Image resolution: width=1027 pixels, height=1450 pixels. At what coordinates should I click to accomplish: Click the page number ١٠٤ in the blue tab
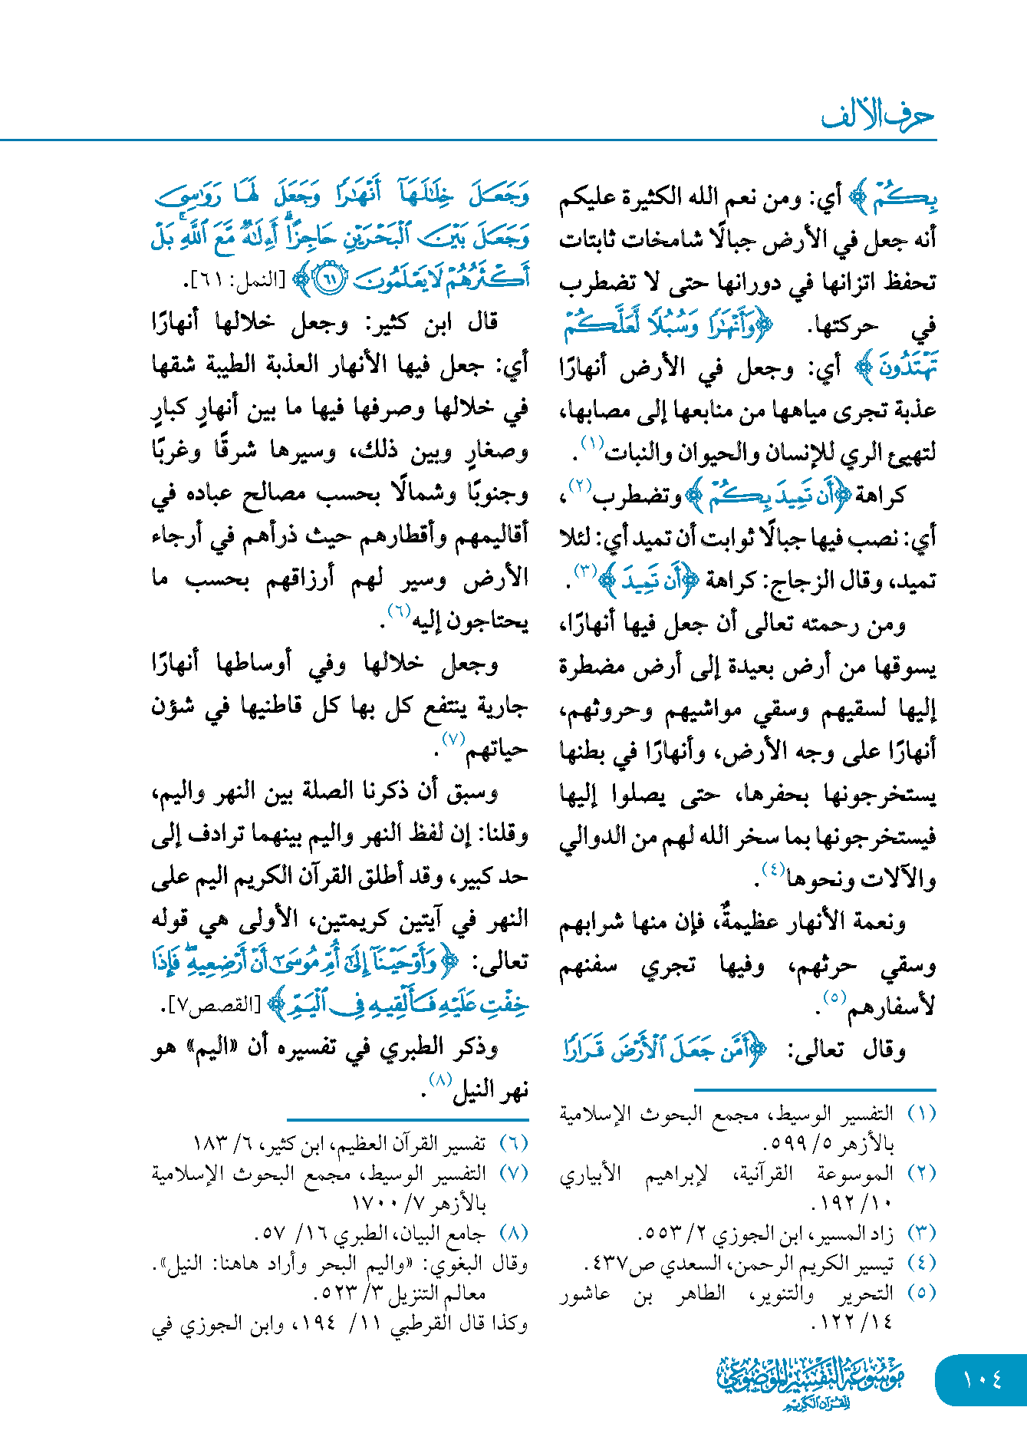[983, 1379]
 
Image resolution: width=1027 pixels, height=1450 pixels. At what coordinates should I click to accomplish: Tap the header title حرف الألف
[877, 117]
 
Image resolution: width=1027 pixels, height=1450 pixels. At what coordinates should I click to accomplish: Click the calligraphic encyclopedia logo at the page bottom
[811, 1382]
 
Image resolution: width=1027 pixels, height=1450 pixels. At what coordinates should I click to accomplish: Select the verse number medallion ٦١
[330, 278]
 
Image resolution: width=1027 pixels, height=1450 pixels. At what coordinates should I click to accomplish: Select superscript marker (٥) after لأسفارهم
[834, 997]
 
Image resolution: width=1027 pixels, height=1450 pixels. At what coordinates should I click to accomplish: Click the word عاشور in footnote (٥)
[585, 1293]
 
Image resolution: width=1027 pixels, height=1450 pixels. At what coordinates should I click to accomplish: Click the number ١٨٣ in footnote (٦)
[209, 1144]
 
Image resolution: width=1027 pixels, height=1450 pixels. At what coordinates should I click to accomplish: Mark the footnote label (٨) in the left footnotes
[514, 1234]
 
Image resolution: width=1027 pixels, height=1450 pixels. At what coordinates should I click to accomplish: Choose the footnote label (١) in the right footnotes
[921, 1113]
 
